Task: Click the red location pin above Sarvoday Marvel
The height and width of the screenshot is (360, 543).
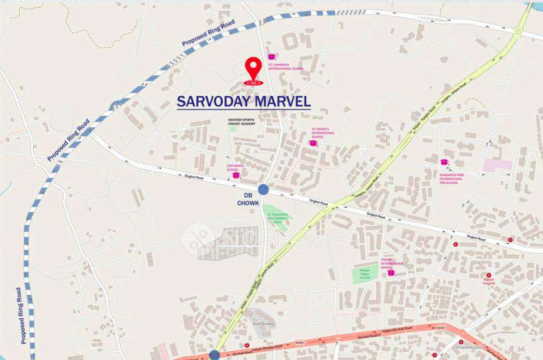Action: [x=253, y=69]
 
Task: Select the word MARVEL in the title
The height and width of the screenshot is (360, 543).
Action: [x=286, y=101]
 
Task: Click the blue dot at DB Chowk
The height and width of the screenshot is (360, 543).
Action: [x=263, y=189]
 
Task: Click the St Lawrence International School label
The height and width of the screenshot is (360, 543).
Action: [x=286, y=66]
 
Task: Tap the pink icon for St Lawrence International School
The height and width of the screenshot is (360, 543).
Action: [x=272, y=57]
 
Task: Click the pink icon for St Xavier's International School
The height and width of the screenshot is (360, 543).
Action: [x=313, y=143]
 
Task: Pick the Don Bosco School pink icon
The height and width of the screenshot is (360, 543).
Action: [x=236, y=175]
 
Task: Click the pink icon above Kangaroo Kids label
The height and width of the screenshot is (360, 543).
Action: [x=444, y=162]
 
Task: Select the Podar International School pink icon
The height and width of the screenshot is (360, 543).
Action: [x=391, y=273]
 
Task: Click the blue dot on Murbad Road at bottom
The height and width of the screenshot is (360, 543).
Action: [x=215, y=355]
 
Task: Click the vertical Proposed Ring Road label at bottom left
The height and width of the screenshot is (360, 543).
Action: [x=20, y=315]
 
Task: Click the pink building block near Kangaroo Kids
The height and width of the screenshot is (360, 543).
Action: [x=497, y=165]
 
